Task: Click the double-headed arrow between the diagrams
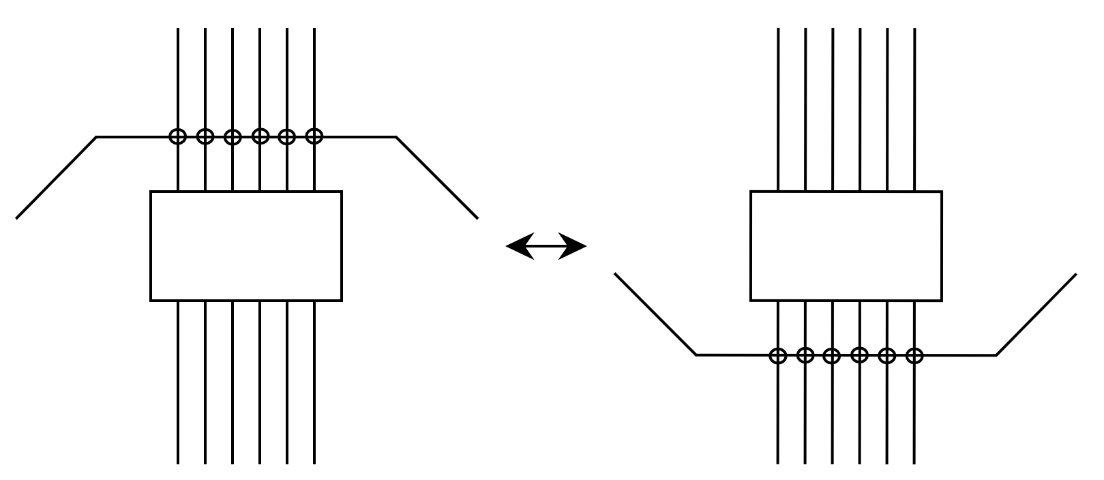click(546, 246)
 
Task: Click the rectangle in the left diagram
click(245, 246)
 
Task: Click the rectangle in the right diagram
click(846, 246)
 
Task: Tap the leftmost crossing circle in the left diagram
click(177, 136)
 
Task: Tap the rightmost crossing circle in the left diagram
click(314, 136)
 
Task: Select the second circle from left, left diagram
click(205, 136)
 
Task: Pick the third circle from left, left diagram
click(233, 136)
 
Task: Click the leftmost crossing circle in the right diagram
click(777, 355)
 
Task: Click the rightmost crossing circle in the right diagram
click(914, 355)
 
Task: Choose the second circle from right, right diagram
click(886, 355)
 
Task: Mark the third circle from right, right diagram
click(859, 355)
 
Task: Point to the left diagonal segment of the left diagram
click(56, 177)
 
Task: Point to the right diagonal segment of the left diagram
click(437, 177)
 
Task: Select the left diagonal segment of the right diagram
click(655, 314)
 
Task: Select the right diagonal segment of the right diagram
click(1036, 314)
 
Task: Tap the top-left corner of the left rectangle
click(151, 192)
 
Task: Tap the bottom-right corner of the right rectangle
click(941, 300)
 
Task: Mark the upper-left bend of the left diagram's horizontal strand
click(96, 137)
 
